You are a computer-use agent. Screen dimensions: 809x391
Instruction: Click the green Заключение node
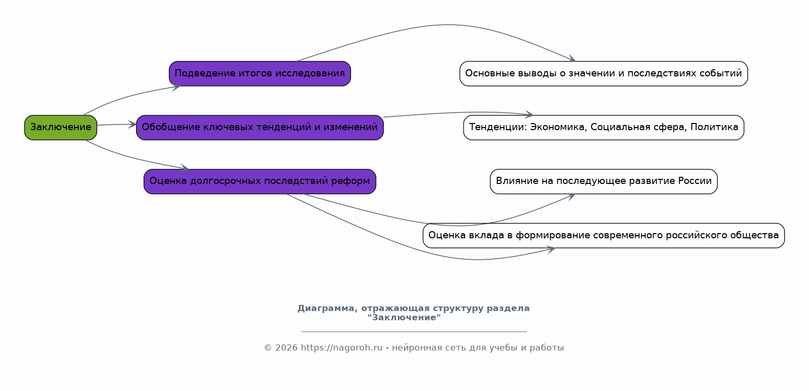(61, 128)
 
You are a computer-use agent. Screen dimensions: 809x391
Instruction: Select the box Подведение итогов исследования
(260, 74)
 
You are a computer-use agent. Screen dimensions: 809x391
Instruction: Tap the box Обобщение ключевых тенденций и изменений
(260, 128)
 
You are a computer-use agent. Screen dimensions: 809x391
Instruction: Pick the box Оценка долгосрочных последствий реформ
(260, 181)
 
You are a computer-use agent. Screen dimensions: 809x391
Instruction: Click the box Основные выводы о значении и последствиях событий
(603, 74)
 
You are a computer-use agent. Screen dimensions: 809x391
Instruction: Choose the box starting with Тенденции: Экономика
(603, 128)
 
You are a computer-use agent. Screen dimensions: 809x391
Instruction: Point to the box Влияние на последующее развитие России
(603, 181)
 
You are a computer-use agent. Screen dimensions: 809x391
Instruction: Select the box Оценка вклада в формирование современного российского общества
(603, 235)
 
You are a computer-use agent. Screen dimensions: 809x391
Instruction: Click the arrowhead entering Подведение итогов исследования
(176, 87)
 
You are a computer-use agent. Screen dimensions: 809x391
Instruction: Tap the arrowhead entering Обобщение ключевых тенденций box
(132, 125)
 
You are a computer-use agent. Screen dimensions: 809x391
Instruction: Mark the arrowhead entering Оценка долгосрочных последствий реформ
(185, 168)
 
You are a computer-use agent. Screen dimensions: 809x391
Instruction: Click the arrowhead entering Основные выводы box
(572, 58)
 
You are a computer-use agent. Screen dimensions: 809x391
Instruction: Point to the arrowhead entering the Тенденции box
(529, 114)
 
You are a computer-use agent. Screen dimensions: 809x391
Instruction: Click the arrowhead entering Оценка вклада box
(551, 250)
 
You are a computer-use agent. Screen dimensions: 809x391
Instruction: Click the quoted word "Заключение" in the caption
(404, 318)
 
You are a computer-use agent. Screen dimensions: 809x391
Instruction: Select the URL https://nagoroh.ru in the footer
(341, 348)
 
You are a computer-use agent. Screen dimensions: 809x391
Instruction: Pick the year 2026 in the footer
(287, 348)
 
